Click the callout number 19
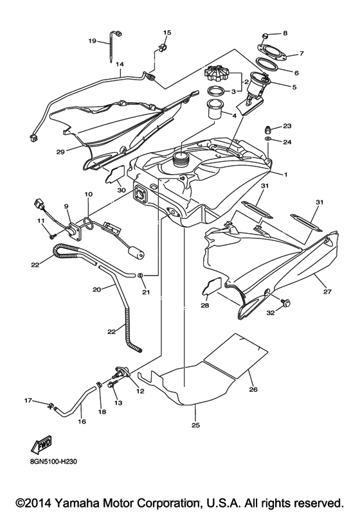[91, 41]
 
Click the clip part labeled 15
[162, 47]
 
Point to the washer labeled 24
[267, 139]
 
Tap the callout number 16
[82, 422]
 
